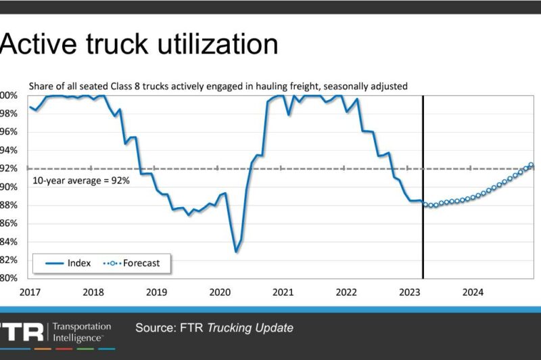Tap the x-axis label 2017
point(29,292)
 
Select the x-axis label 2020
point(220,292)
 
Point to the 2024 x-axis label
point(473,292)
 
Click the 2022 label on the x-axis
point(346,292)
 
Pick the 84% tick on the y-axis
point(8,242)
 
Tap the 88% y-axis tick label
point(8,205)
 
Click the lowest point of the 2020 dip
point(236,252)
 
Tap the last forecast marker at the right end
point(531,164)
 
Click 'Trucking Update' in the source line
point(250,328)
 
